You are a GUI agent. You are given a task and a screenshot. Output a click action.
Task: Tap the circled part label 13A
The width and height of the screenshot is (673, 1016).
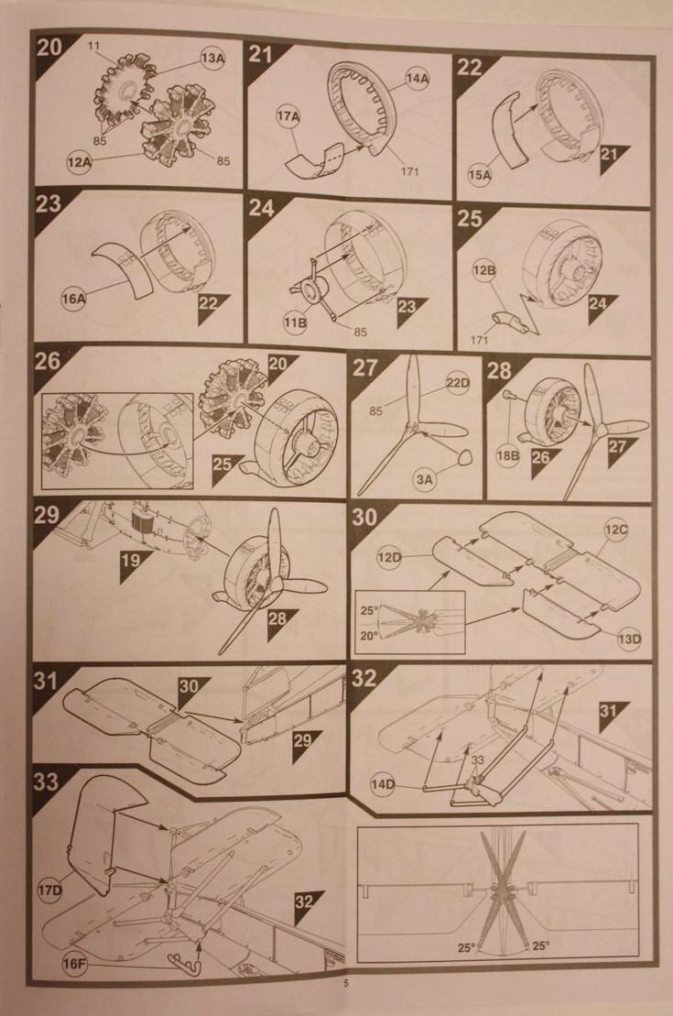212,58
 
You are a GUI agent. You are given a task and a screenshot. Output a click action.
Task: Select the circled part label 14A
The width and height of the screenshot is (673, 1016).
417,79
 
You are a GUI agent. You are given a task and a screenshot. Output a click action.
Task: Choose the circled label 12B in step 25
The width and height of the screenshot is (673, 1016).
484,271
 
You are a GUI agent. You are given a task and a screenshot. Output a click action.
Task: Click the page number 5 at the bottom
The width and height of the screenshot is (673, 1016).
346,986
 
